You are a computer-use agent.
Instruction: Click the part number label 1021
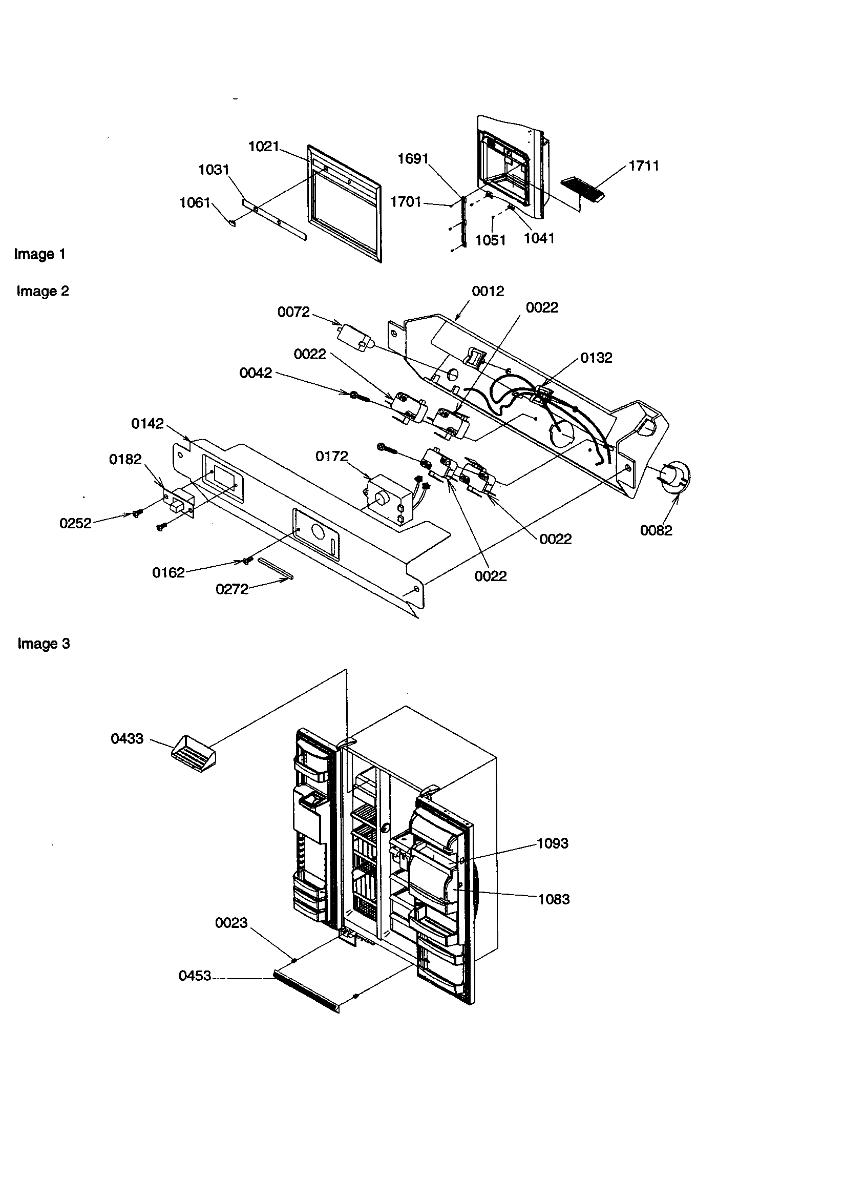(264, 146)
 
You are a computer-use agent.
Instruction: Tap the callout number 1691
(413, 159)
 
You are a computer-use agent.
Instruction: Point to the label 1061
(195, 202)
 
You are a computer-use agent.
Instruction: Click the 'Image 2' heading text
(43, 291)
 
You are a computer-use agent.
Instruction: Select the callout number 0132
(596, 358)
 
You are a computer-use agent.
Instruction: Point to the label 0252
(76, 523)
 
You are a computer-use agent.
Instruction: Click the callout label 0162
(168, 573)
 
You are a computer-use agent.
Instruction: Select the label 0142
(147, 424)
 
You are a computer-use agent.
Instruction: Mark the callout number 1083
(554, 900)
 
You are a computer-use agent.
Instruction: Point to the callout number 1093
(553, 843)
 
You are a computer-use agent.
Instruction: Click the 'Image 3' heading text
(44, 644)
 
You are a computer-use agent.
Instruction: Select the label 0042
(256, 373)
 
